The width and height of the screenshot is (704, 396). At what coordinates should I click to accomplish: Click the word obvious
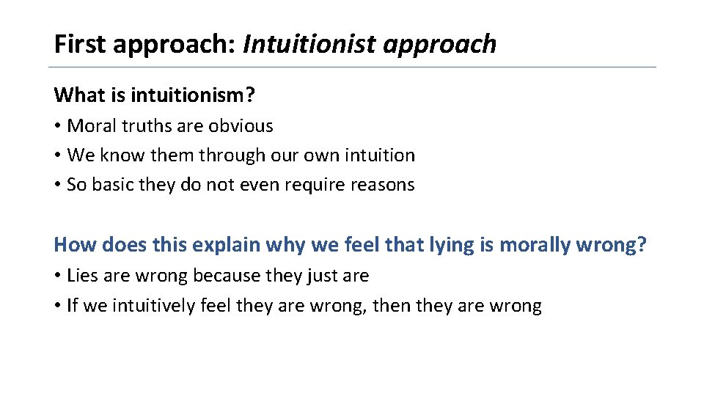pos(241,126)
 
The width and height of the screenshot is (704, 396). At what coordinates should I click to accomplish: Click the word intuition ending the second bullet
pos(378,155)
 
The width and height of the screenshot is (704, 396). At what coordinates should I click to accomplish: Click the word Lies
pos(82,276)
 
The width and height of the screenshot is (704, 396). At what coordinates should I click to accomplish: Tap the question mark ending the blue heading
pos(642,244)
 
